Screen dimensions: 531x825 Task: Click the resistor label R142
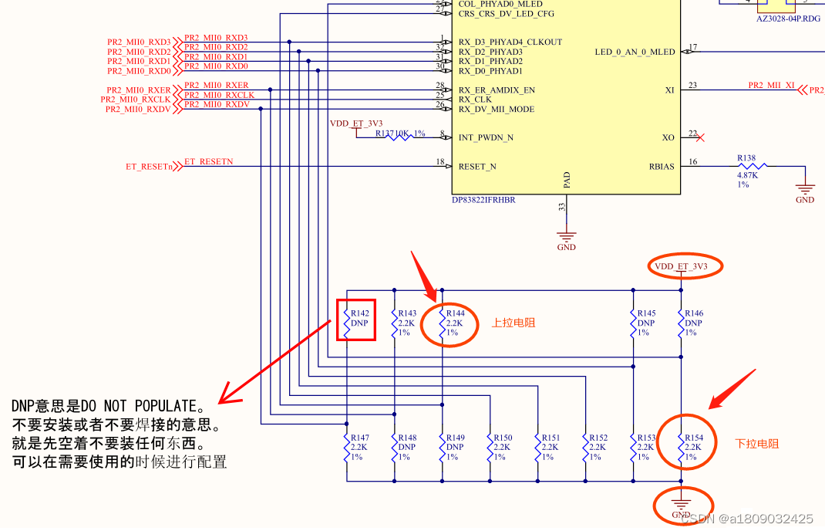tap(360, 313)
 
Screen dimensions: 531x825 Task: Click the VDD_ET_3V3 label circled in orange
tap(681, 266)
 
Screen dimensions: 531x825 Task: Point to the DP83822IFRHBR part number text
tap(483, 200)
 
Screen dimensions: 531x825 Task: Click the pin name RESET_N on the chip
tap(477, 166)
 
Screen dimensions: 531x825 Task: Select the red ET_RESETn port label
tap(149, 167)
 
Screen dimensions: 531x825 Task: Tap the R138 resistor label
tap(746, 158)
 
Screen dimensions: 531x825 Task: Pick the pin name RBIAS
tap(661, 166)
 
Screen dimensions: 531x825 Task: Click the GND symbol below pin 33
tap(567, 239)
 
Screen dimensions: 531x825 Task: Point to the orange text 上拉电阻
tap(514, 323)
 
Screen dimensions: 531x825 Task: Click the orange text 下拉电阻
tap(756, 444)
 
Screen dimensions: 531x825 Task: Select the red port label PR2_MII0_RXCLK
tap(135, 100)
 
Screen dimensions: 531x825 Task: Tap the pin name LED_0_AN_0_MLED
tap(635, 52)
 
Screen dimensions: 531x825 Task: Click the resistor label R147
tap(360, 438)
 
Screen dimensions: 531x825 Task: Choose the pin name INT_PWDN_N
tap(486, 137)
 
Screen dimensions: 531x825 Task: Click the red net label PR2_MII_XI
tap(771, 86)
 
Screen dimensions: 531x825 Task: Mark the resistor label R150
tap(503, 438)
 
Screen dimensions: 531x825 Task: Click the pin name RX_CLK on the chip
tap(475, 100)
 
